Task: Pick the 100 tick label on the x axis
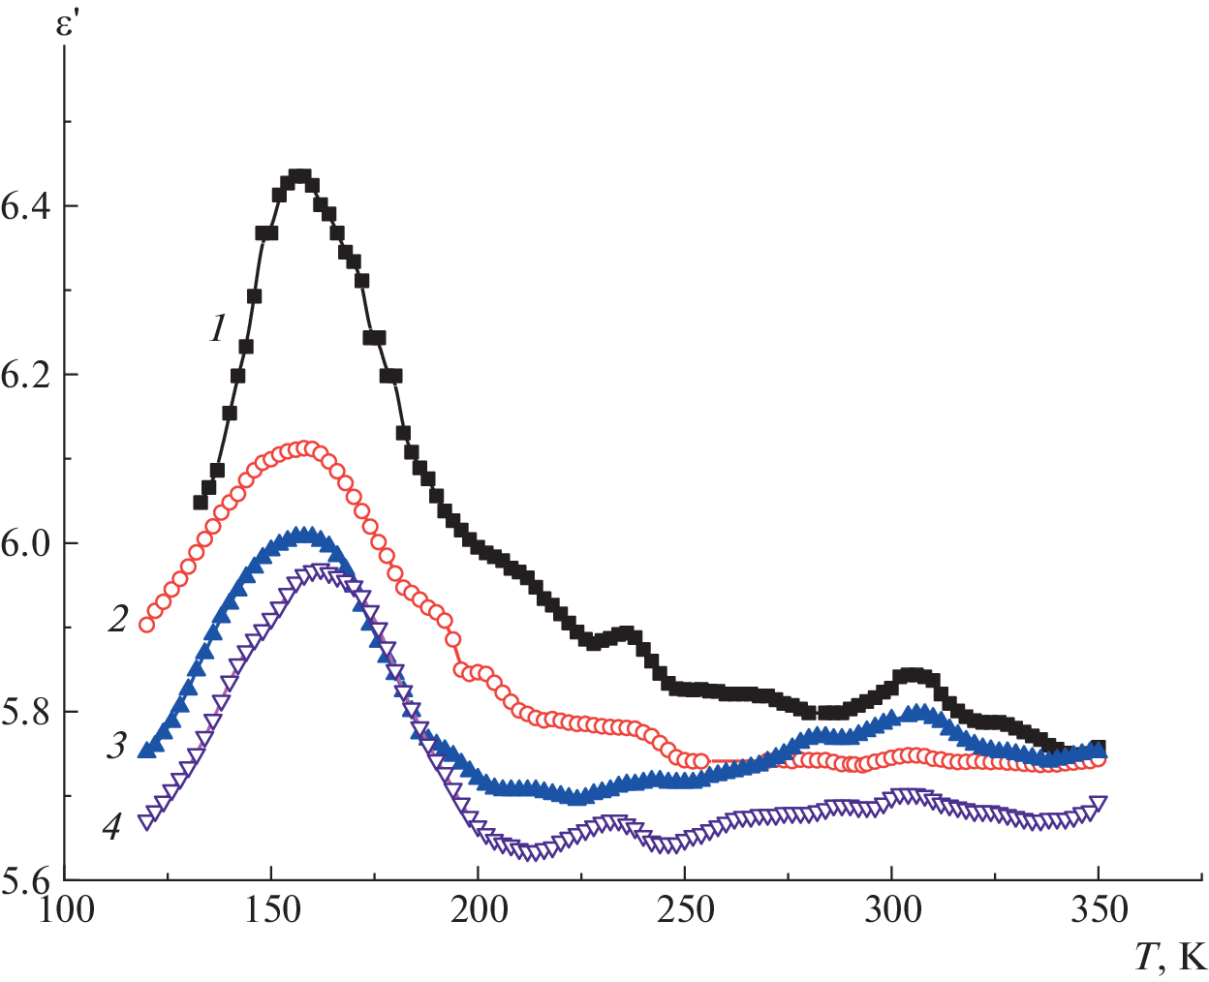pos(65,910)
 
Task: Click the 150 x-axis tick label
pos(271,910)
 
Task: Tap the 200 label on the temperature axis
pos(478,910)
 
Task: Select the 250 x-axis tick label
pos(685,910)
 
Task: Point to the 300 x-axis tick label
pos(891,910)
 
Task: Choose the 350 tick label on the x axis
pos(1098,910)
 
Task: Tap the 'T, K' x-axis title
pos(1169,958)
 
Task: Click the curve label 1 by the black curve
pos(217,330)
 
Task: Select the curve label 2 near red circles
pos(117,619)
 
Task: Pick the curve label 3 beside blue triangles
pos(117,746)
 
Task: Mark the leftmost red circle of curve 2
pos(147,624)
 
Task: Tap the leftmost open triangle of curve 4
pos(147,822)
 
